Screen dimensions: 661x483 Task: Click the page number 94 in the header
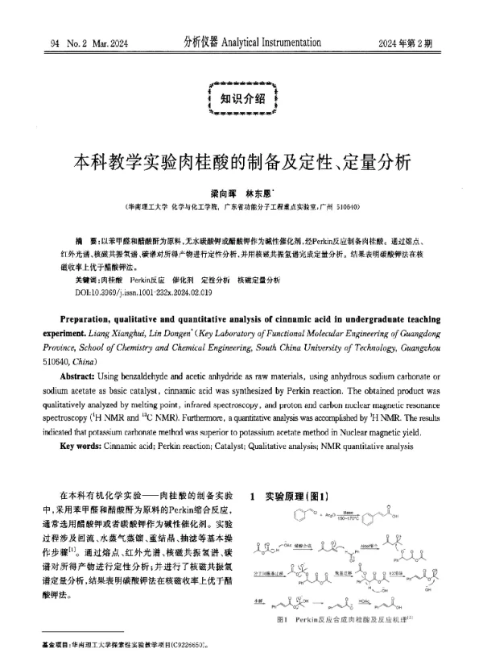coord(55,43)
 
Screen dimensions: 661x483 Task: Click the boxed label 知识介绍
coord(242,99)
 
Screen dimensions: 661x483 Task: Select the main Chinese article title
coord(242,158)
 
